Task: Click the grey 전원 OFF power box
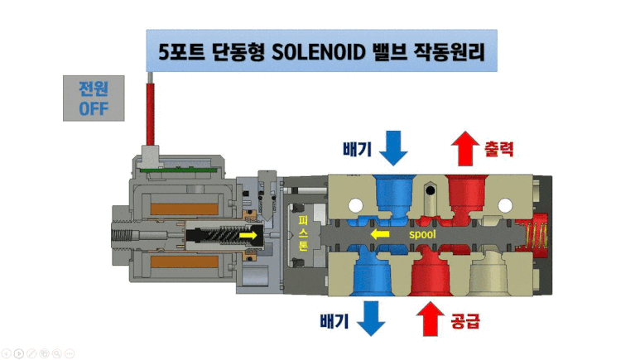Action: click(x=94, y=98)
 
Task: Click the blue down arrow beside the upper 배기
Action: click(x=393, y=147)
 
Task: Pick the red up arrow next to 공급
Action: click(x=430, y=318)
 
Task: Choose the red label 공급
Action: click(x=465, y=319)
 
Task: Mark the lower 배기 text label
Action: click(x=336, y=319)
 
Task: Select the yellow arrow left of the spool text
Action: click(x=380, y=235)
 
